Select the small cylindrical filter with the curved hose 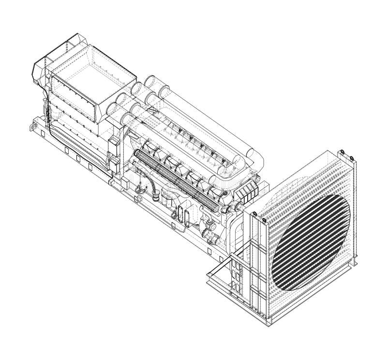(x=157, y=196)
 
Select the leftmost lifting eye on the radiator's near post (x=253, y=214)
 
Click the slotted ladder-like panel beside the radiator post (x=236, y=271)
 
